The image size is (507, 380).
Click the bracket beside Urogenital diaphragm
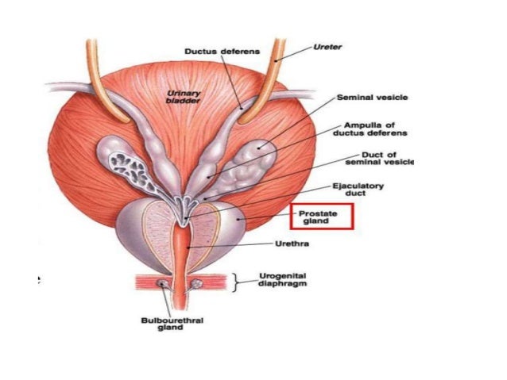click(235, 282)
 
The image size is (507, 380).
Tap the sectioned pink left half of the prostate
click(160, 227)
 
